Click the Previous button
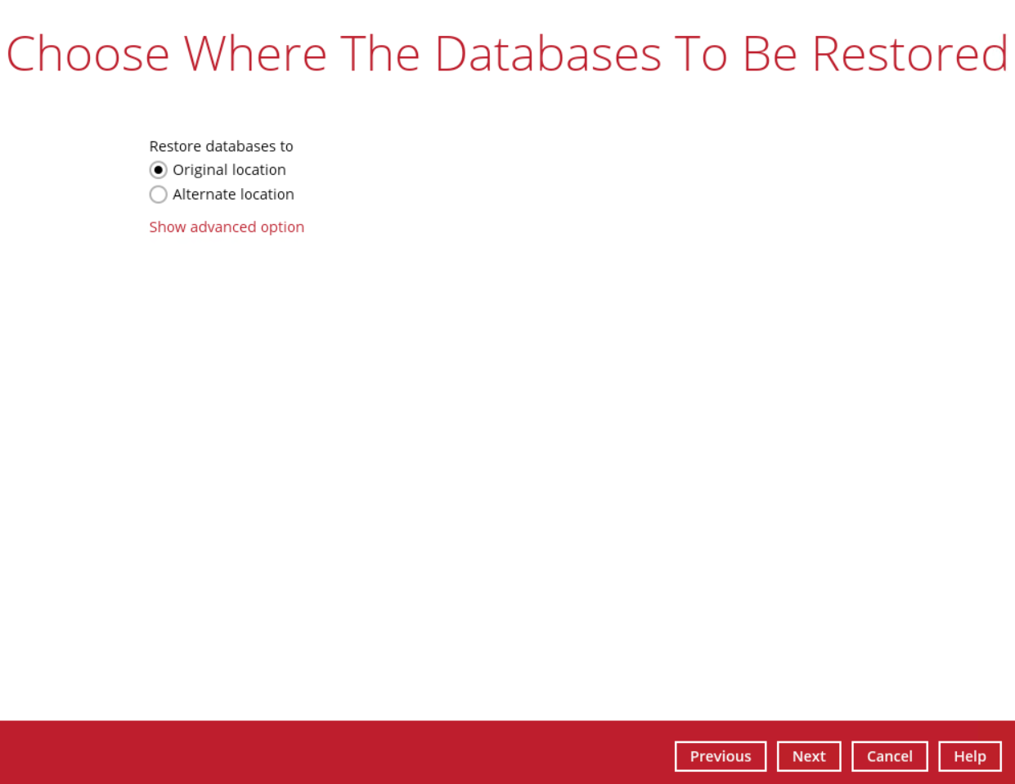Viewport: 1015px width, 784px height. point(721,756)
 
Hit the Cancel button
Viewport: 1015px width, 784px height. point(889,756)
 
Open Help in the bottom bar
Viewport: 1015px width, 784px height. point(970,756)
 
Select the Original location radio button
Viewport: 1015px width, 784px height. point(159,170)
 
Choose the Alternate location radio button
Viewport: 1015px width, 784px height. point(159,194)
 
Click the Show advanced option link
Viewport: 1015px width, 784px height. point(227,227)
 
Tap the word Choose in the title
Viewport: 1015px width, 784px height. point(88,54)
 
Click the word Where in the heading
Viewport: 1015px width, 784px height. point(254,54)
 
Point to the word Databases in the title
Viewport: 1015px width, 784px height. point(548,54)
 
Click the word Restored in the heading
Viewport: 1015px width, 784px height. point(910,54)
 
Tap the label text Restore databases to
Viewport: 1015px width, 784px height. point(221,146)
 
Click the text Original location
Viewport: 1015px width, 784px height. point(229,170)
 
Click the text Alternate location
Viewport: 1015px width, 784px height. point(234,194)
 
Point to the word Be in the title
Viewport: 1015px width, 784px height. point(770,54)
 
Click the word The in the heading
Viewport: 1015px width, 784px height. point(380,54)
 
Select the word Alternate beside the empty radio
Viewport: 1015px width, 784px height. point(204,194)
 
